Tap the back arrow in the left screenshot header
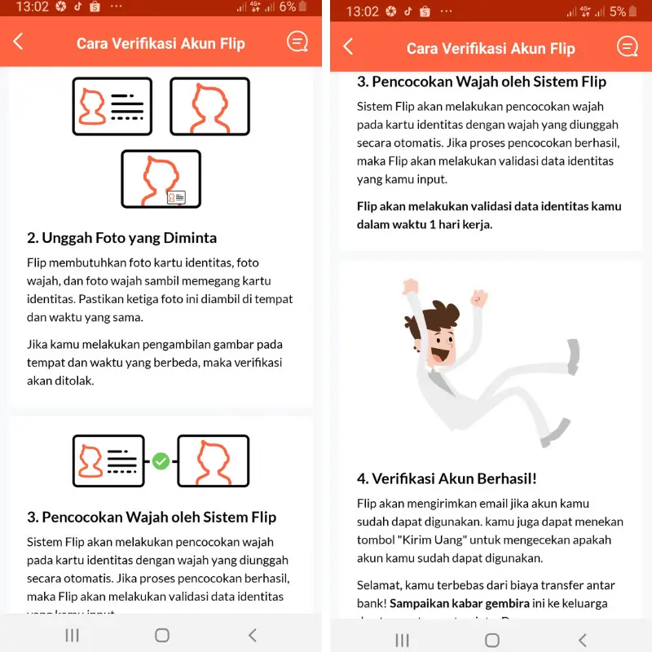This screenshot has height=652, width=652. (19, 42)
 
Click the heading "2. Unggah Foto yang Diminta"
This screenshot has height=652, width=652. (121, 238)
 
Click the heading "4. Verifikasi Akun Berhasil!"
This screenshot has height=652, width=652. (447, 478)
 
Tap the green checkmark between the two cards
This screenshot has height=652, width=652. (161, 461)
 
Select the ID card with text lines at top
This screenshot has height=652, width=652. (112, 106)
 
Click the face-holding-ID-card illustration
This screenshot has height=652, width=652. (161, 178)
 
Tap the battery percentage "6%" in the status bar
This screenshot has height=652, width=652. (287, 7)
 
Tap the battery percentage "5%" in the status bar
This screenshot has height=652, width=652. (617, 11)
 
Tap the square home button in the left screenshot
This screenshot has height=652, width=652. (161, 635)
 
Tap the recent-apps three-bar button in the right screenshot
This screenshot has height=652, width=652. (402, 640)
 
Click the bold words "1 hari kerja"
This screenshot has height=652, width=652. (460, 224)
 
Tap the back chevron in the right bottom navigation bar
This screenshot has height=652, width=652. (582, 640)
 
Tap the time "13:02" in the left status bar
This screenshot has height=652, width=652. (32, 7)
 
